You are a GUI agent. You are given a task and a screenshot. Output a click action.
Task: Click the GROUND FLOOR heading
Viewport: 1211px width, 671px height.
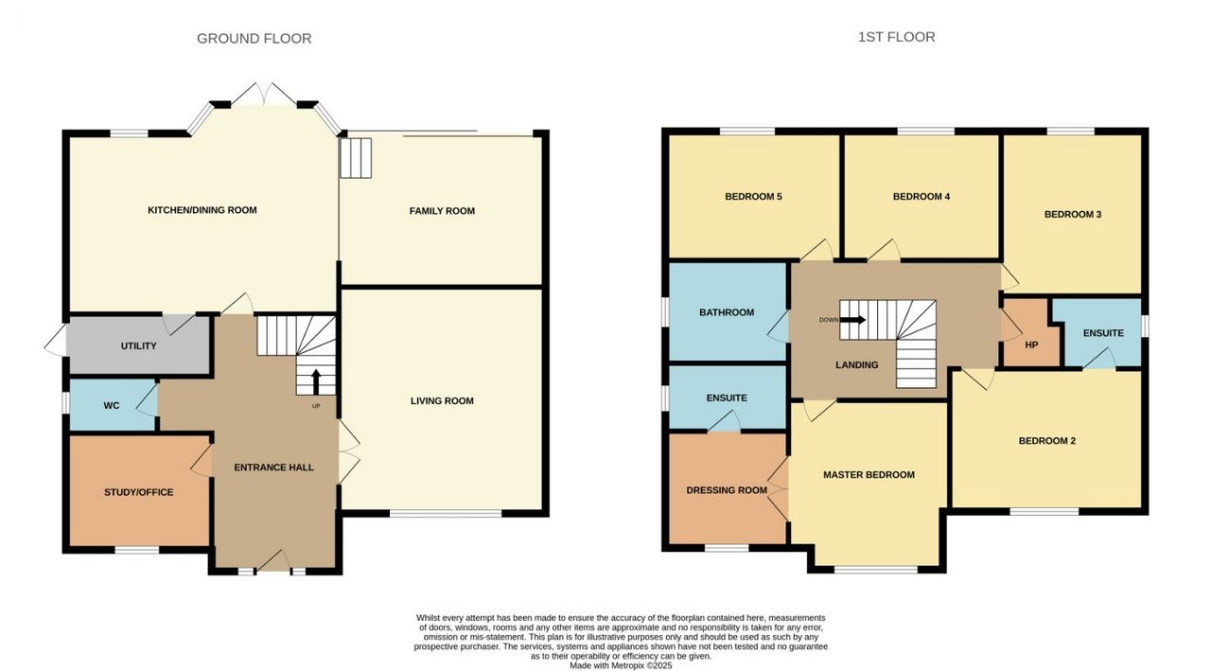pos(254,39)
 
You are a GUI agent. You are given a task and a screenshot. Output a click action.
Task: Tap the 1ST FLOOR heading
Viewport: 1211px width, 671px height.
pos(896,37)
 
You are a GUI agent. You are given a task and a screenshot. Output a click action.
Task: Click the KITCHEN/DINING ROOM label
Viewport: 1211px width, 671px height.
pos(202,210)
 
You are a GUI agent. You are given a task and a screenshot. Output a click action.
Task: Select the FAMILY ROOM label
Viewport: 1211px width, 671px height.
pos(442,211)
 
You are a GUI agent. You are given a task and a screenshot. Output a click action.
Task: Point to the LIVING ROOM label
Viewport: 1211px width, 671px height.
pos(442,400)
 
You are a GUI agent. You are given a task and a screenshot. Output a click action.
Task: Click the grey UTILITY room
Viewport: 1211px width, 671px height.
pos(139,344)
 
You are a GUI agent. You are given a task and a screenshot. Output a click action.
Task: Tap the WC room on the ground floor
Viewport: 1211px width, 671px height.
pos(113,405)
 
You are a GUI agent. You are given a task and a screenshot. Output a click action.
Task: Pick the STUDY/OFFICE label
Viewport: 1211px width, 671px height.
pos(139,492)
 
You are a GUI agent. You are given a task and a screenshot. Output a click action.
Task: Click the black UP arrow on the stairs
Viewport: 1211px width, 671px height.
pos(316,380)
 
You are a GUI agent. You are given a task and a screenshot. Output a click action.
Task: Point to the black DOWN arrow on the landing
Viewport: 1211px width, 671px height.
pos(852,320)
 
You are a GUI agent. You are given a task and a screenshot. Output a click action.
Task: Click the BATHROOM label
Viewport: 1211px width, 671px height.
pos(727,312)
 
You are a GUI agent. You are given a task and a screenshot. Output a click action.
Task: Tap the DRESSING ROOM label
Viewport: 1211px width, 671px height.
pos(727,490)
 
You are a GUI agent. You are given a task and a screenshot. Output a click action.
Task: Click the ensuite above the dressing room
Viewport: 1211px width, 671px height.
pos(728,397)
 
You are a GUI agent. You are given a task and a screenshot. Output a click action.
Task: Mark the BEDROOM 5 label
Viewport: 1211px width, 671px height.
pos(754,196)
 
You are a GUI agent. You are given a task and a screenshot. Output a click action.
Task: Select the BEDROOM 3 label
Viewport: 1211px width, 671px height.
pos(1073,214)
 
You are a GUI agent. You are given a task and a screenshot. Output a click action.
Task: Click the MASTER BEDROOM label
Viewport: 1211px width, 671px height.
pos(869,475)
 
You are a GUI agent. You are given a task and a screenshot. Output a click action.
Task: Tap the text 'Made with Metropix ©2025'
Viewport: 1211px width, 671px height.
pos(621,665)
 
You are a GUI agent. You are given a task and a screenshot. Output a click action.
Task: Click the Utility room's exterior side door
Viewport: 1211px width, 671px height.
pos(56,341)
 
